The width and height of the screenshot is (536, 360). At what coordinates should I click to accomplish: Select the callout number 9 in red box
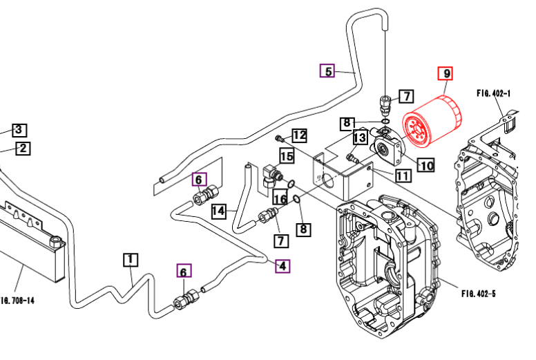point(446,74)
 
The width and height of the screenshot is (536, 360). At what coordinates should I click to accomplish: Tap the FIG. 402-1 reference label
point(493,93)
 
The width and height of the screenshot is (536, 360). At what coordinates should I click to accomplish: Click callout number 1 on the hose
point(131,260)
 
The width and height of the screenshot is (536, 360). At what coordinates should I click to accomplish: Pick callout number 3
point(19,130)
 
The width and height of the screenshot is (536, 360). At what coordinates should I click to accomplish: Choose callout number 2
point(22,148)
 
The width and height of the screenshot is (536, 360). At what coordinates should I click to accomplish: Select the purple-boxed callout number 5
point(327,70)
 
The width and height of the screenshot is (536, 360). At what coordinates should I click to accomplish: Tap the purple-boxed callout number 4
point(283,265)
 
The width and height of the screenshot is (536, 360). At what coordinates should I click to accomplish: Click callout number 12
point(299,135)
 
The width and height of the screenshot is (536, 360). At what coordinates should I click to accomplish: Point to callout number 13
point(359,137)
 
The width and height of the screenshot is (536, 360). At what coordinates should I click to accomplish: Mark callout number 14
point(219,210)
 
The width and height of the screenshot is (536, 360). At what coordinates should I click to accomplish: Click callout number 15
point(287,156)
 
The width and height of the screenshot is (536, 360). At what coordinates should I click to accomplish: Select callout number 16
point(279,199)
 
